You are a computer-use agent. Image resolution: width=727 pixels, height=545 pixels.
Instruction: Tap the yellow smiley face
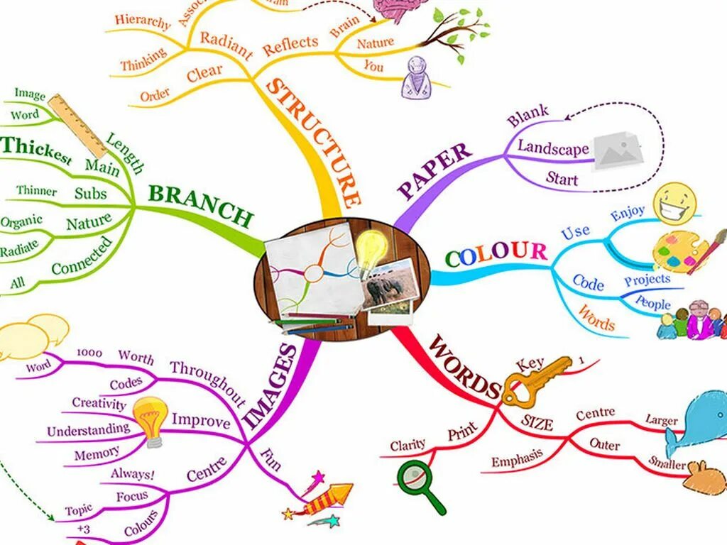click(x=674, y=204)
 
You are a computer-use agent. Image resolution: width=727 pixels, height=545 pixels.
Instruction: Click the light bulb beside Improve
click(x=151, y=420)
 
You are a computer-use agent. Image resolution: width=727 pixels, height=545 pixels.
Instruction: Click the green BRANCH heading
click(x=200, y=205)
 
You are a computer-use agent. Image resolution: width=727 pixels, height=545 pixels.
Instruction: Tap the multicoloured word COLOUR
click(x=496, y=253)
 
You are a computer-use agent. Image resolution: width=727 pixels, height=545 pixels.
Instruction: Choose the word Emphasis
click(x=517, y=459)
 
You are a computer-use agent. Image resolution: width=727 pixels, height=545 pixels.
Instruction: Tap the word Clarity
click(x=408, y=445)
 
